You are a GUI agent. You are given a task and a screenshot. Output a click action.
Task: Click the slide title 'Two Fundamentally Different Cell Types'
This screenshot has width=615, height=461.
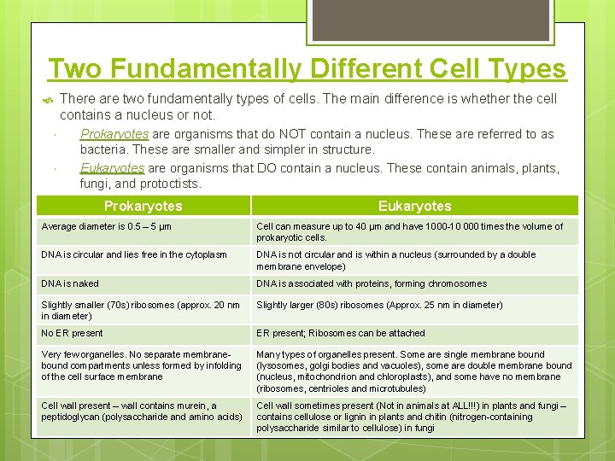click(x=307, y=67)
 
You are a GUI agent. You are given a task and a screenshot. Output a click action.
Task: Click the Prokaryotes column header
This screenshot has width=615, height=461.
click(x=143, y=206)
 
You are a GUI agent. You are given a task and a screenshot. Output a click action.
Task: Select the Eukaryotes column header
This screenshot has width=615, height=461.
click(x=414, y=206)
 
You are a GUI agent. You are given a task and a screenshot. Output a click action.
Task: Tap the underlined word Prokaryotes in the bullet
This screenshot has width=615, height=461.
click(x=114, y=134)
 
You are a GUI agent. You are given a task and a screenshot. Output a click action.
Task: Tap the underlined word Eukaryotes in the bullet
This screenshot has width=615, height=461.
click(x=112, y=168)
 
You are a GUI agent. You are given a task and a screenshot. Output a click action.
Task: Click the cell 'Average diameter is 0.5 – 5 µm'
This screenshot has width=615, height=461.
click(x=107, y=227)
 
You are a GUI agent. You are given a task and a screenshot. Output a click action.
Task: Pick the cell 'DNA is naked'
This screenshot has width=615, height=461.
click(x=70, y=283)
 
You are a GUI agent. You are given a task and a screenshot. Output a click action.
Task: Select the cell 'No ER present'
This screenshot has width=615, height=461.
click(x=72, y=333)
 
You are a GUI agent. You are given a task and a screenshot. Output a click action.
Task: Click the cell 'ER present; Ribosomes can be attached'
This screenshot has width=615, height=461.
click(x=340, y=333)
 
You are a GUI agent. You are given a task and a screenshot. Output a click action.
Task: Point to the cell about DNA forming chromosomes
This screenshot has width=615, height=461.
click(x=372, y=283)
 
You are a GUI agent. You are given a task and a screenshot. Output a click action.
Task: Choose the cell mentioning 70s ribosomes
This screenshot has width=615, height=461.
click(x=140, y=310)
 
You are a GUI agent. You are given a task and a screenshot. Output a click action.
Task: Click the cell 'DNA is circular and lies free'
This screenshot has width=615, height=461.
click(x=134, y=254)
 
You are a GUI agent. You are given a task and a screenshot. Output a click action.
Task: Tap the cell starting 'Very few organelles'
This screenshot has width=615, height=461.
click(x=141, y=365)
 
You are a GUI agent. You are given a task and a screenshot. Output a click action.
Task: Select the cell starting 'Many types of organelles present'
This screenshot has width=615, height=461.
click(x=413, y=371)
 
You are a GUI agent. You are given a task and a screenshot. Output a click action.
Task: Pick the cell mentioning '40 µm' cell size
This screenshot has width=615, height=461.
click(x=409, y=232)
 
